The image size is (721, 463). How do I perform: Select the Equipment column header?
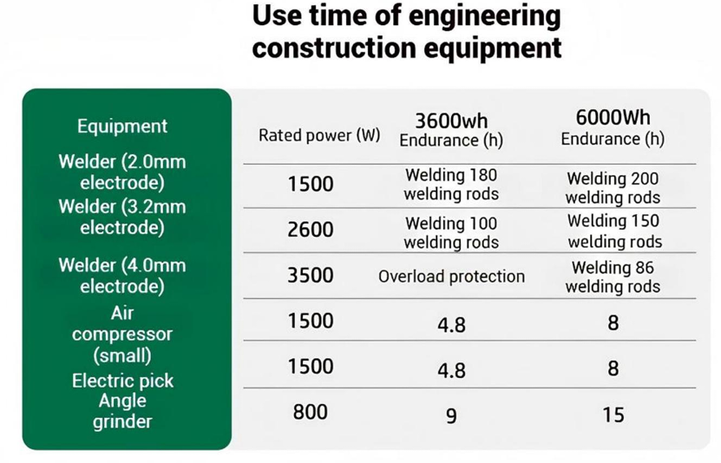(x=122, y=126)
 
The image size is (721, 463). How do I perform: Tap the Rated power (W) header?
(x=319, y=135)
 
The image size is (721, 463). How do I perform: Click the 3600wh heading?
(x=451, y=120)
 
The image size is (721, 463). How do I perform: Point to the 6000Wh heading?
(x=613, y=117)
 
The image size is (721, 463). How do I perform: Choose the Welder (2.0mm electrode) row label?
(x=122, y=173)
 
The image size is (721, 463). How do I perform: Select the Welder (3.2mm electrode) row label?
(x=122, y=218)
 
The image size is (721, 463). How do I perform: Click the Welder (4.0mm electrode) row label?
(x=122, y=275)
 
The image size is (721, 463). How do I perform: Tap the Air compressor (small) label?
(x=122, y=334)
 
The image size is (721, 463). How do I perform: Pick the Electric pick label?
(x=122, y=381)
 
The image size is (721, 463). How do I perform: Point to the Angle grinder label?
(x=122, y=411)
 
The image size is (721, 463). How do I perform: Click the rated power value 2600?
(x=311, y=230)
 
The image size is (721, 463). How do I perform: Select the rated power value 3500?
(x=311, y=275)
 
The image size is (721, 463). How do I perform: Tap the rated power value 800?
(x=311, y=412)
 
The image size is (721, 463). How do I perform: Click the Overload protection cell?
(x=451, y=277)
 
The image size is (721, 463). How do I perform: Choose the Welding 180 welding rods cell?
(x=451, y=185)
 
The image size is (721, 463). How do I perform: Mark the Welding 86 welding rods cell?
(x=613, y=277)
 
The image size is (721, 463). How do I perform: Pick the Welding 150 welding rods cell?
(x=613, y=231)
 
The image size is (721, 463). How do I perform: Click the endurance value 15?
(x=613, y=414)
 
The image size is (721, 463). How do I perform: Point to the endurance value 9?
(x=451, y=416)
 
